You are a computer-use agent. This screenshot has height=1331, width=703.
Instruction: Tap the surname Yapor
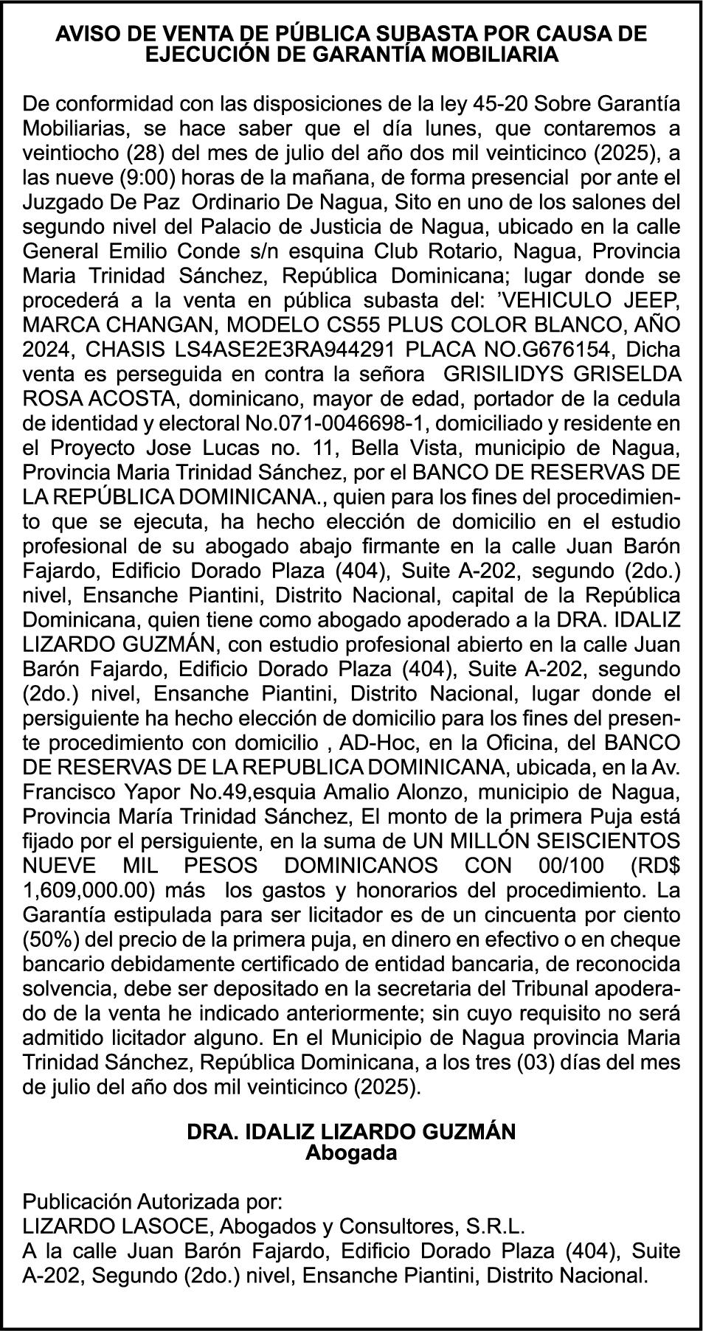(x=157, y=793)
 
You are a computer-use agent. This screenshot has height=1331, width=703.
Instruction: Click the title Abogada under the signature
(x=351, y=1153)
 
